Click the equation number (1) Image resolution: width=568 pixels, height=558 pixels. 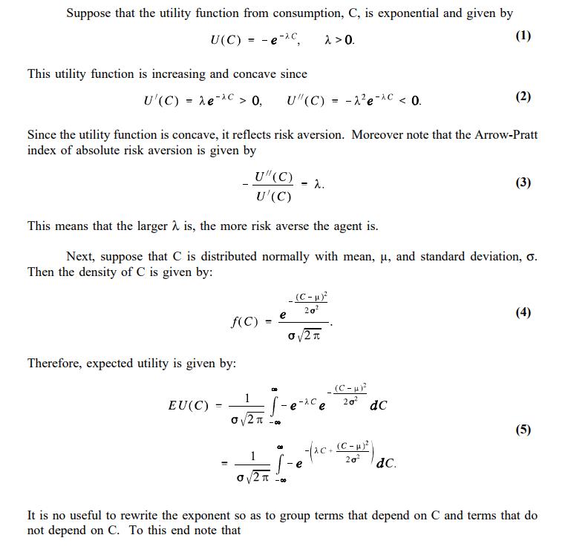523,36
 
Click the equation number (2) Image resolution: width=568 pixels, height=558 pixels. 523,96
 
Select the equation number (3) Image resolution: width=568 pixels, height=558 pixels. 523,183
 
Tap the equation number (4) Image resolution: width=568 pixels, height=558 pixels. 523,312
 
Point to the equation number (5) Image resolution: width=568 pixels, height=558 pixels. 523,430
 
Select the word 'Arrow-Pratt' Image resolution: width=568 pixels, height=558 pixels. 508,135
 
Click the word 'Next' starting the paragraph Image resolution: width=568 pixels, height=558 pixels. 79,257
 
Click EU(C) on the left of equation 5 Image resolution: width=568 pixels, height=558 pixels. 189,405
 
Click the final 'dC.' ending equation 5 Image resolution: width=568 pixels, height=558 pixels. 386,464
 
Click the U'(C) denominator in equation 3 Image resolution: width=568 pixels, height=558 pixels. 272,197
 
